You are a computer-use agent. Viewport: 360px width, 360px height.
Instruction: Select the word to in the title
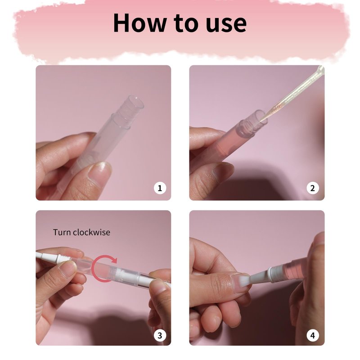[x=186, y=23]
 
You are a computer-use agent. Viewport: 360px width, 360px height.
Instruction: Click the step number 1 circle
[x=160, y=188]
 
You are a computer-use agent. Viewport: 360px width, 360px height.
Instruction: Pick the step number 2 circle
[x=313, y=188]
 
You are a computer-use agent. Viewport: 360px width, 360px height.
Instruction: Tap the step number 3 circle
[x=160, y=335]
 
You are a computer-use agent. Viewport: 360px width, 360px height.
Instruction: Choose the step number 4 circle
[x=313, y=335]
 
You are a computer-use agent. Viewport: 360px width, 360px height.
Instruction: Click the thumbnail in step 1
[x=99, y=172]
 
